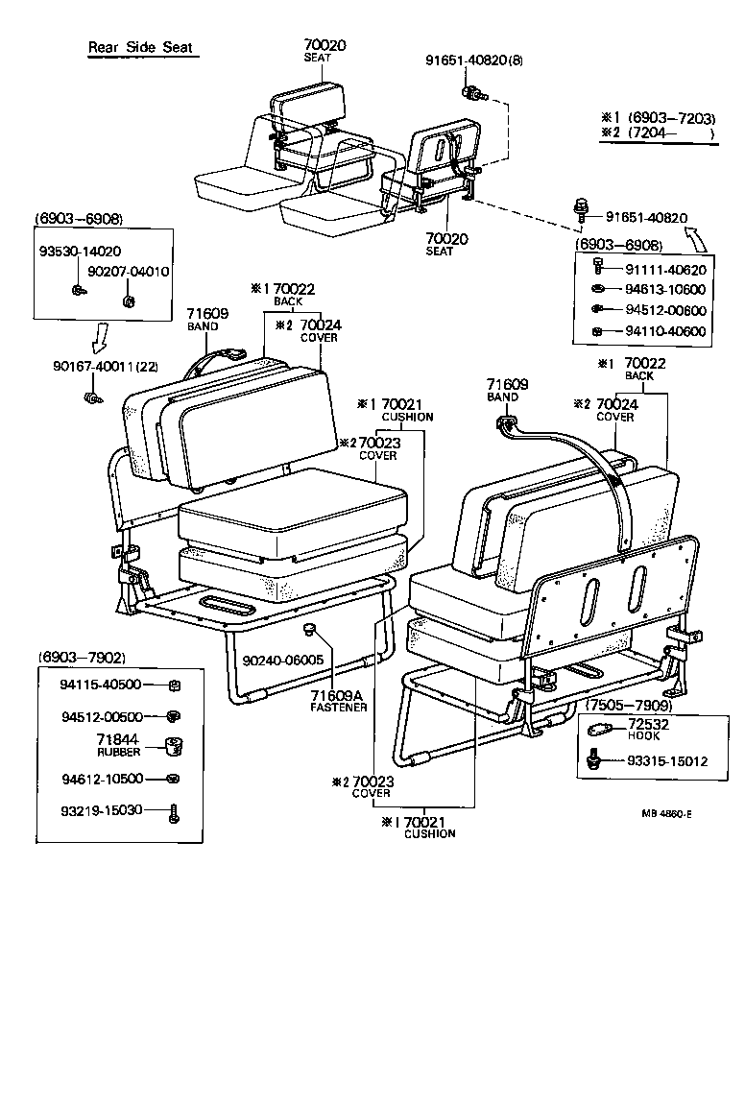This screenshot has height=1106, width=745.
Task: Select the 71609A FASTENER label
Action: pyautogui.click(x=338, y=700)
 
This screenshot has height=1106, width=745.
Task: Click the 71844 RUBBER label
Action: pyautogui.click(x=118, y=744)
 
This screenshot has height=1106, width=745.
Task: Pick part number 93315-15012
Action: pyautogui.click(x=667, y=761)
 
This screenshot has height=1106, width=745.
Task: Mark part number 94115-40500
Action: pyautogui.click(x=101, y=685)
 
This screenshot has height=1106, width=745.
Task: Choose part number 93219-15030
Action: pyautogui.click(x=101, y=809)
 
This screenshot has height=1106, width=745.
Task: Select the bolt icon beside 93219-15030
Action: pyautogui.click(x=173, y=812)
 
